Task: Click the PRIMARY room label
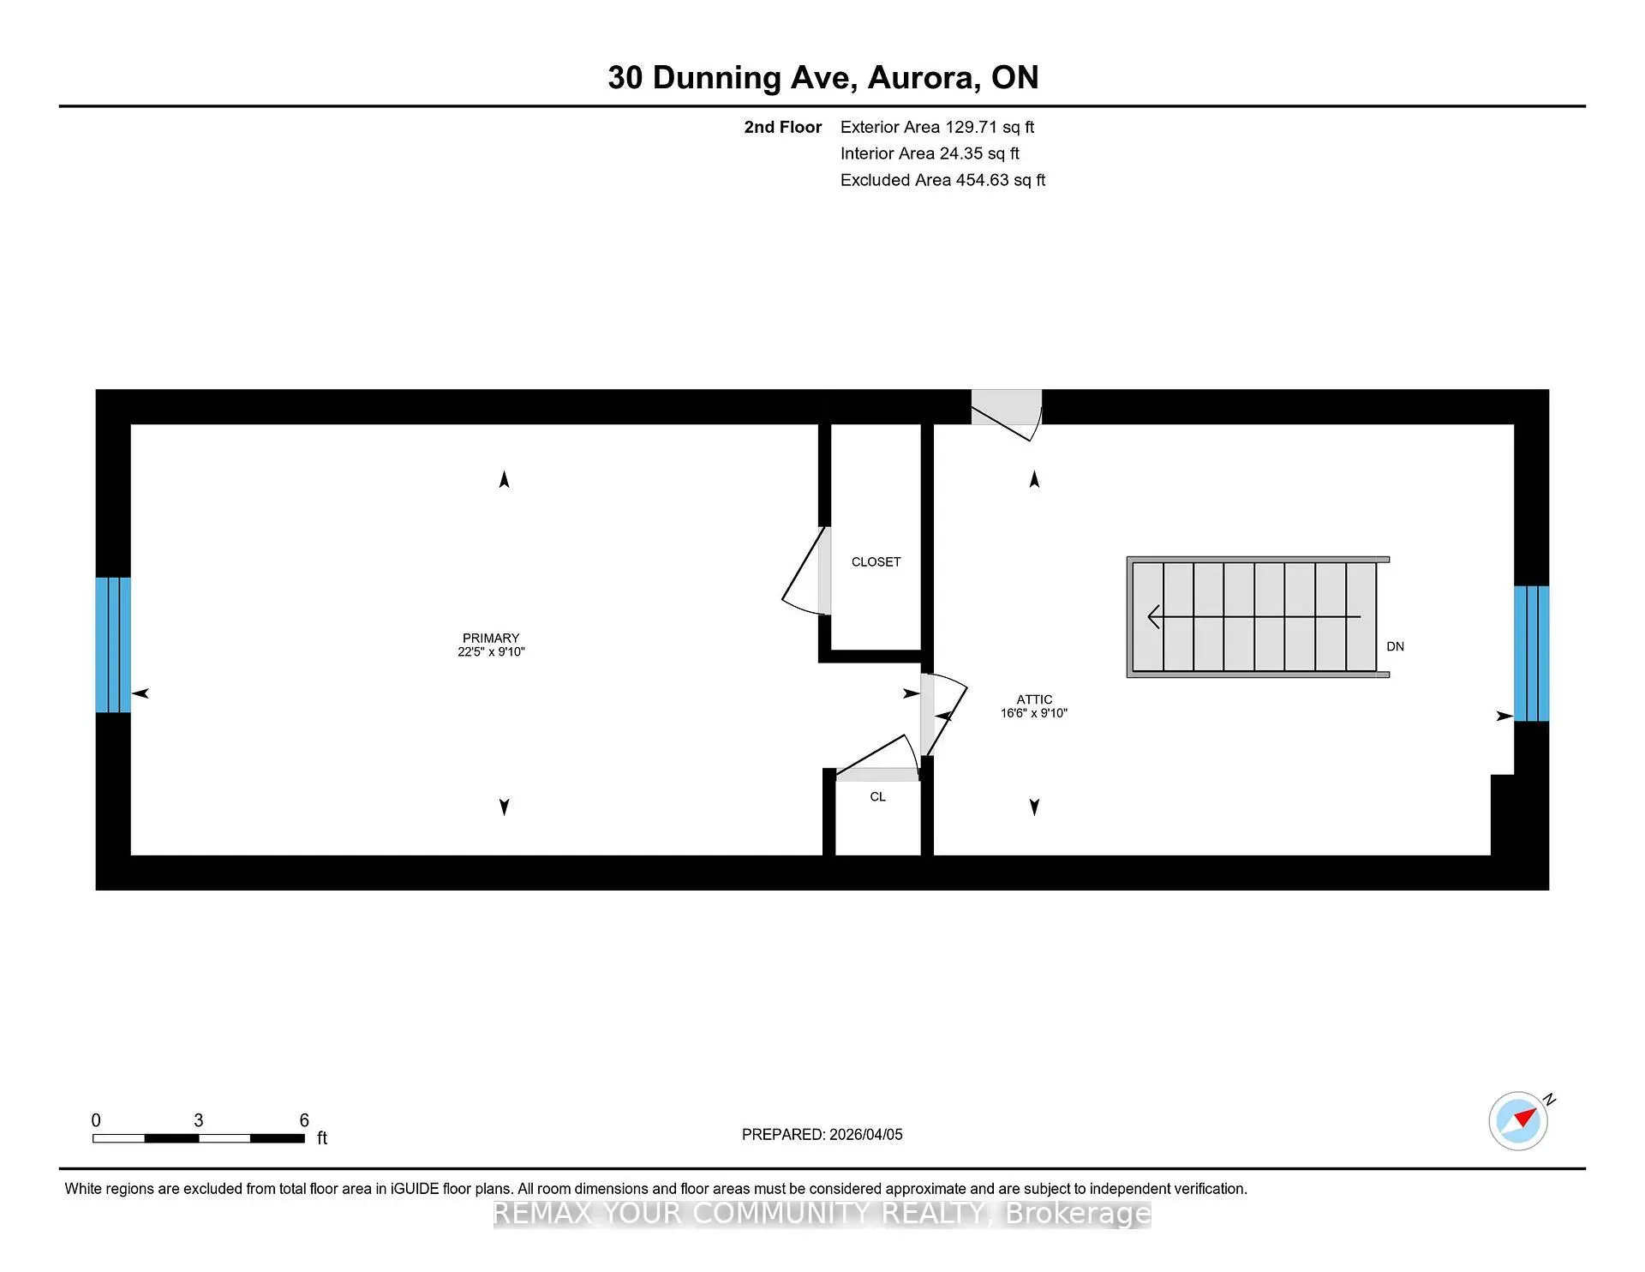[491, 638]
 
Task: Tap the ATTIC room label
[1034, 699]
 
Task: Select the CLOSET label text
[876, 562]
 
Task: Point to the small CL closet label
[877, 797]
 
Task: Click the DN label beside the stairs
[1395, 646]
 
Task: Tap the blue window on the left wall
[113, 645]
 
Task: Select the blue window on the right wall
[1531, 653]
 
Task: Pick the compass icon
[1519, 1120]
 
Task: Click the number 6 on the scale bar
[304, 1120]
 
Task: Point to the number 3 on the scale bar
[199, 1120]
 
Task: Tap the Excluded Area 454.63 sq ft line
[942, 180]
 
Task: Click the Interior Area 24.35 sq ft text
[930, 153]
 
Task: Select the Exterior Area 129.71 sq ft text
[937, 127]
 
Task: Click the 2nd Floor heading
[782, 127]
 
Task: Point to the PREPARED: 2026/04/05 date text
[822, 1134]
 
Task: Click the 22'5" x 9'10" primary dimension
[491, 652]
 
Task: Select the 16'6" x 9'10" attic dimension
[1034, 713]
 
